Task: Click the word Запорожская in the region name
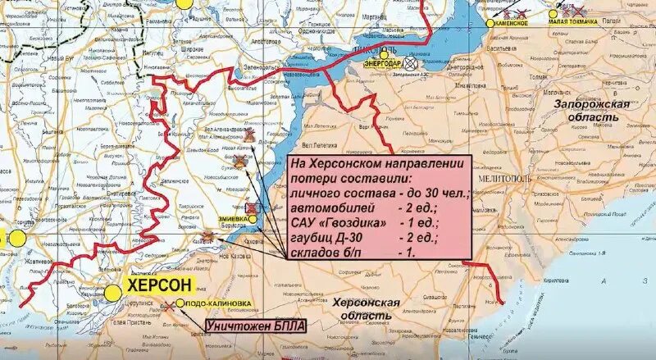point(591,105)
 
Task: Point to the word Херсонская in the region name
point(367,303)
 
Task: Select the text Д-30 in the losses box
point(356,238)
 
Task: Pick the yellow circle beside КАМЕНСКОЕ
point(490,24)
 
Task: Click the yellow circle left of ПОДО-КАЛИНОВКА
point(179,303)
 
